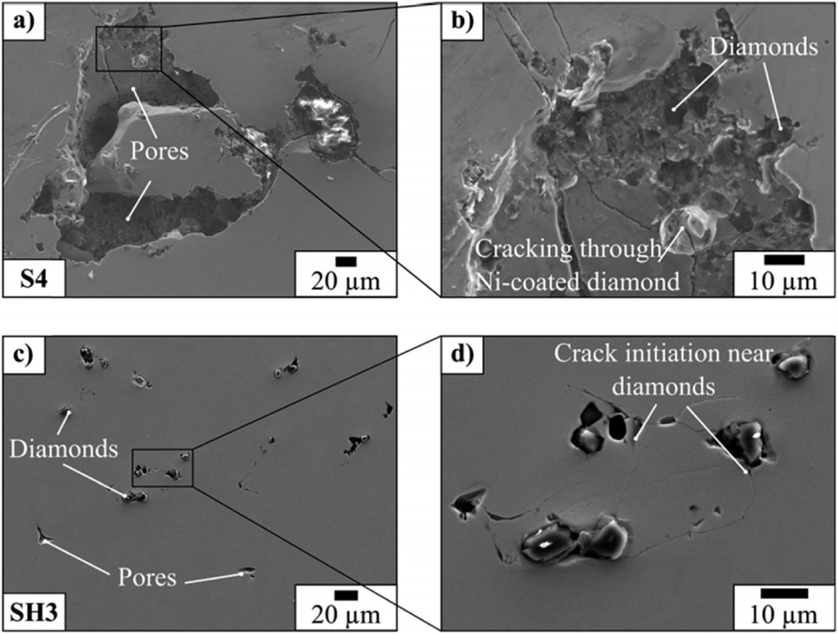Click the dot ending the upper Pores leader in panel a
pyautogui.click(x=134, y=88)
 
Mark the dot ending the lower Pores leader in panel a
pyautogui.click(x=128, y=219)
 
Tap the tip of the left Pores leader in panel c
pyautogui.click(x=45, y=542)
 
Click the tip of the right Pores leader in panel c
pyautogui.click(x=241, y=573)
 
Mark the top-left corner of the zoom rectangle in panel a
pyautogui.click(x=96, y=27)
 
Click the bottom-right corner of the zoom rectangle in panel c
pyautogui.click(x=193, y=486)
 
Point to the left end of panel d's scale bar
pyautogui.click(x=762, y=593)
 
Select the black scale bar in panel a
pyautogui.click(x=346, y=261)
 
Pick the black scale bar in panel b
pyautogui.click(x=784, y=259)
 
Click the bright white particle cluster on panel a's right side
pyautogui.click(x=325, y=121)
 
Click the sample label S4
pyautogui.click(x=34, y=279)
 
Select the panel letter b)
pyautogui.click(x=462, y=21)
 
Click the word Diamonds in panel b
pyautogui.click(x=764, y=47)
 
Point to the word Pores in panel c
pyautogui.click(x=147, y=577)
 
